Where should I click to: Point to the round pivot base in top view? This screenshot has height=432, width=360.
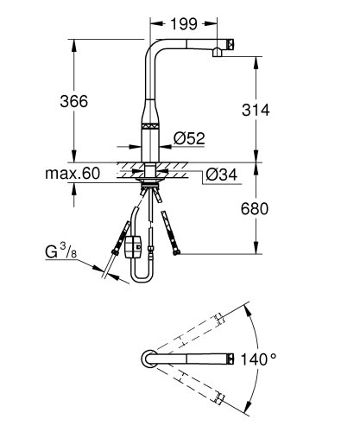coord(148,358)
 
